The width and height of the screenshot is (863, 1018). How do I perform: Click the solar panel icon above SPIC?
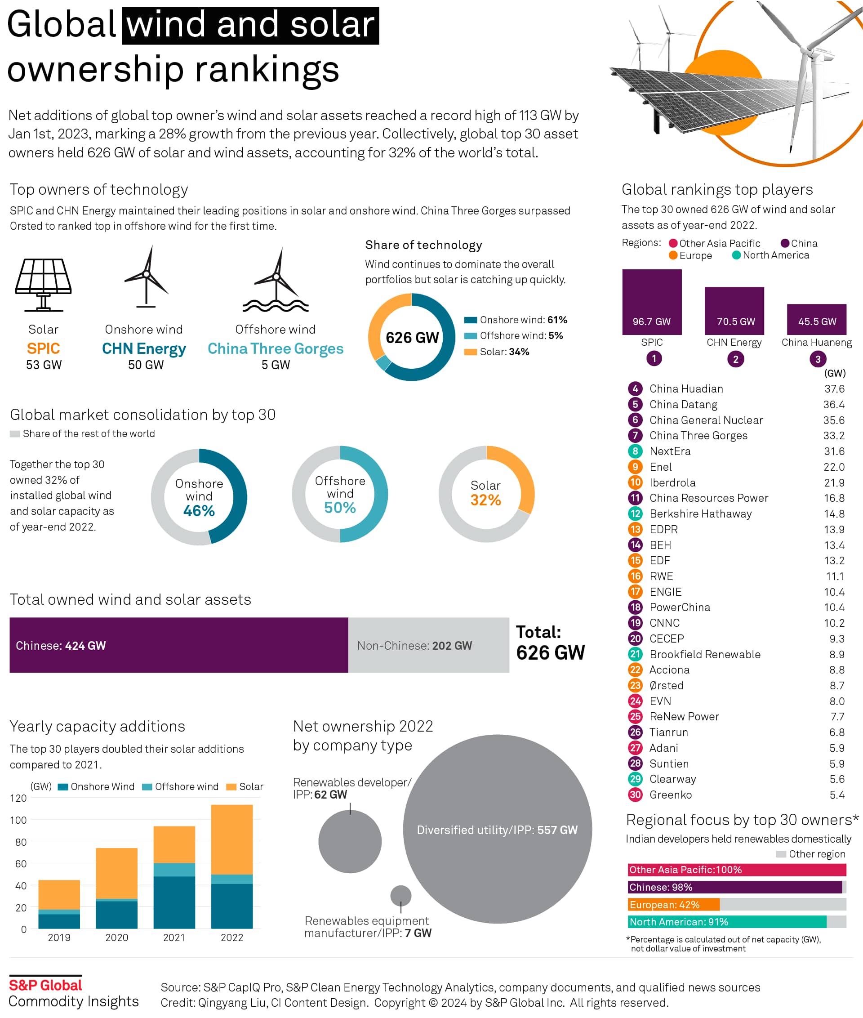tap(43, 284)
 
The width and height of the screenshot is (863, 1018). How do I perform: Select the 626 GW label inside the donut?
tap(412, 337)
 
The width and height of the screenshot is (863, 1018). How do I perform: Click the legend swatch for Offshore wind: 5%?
tap(470, 336)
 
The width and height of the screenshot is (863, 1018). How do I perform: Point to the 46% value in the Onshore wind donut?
tap(199, 510)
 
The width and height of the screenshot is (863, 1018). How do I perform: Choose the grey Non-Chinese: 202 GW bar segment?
tap(428, 645)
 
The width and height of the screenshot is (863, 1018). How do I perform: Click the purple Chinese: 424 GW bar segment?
tap(178, 645)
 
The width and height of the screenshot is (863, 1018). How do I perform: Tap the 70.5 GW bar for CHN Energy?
tap(734, 311)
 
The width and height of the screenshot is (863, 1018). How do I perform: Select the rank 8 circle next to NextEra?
tap(635, 451)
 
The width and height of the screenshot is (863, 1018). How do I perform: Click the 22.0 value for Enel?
tap(834, 467)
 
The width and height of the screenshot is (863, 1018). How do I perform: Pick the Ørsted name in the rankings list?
tap(666, 685)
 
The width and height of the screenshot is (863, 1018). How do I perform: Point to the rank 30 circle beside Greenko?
tap(635, 795)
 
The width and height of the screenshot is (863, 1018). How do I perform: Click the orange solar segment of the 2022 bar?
tap(232, 839)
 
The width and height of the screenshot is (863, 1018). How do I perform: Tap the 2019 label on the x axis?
tap(59, 937)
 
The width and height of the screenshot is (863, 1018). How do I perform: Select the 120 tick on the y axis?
tap(18, 798)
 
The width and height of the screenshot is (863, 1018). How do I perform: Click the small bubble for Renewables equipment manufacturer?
tap(400, 896)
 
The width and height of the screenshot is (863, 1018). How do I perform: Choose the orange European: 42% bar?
tap(674, 904)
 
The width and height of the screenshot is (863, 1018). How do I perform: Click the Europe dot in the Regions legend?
tap(673, 255)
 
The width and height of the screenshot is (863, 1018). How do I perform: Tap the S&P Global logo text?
tap(45, 985)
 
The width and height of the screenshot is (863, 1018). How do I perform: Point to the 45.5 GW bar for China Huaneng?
tap(816, 319)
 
